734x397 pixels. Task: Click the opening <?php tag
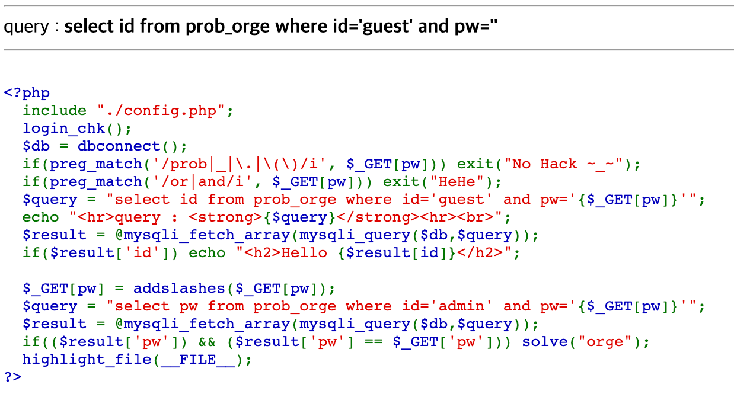pyautogui.click(x=27, y=93)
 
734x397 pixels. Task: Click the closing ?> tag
pyautogui.click(x=12, y=377)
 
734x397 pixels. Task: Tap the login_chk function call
pyautogui.click(x=63, y=129)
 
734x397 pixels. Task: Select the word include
pyautogui.click(x=55, y=111)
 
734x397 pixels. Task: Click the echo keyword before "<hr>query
pyautogui.click(x=41, y=217)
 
